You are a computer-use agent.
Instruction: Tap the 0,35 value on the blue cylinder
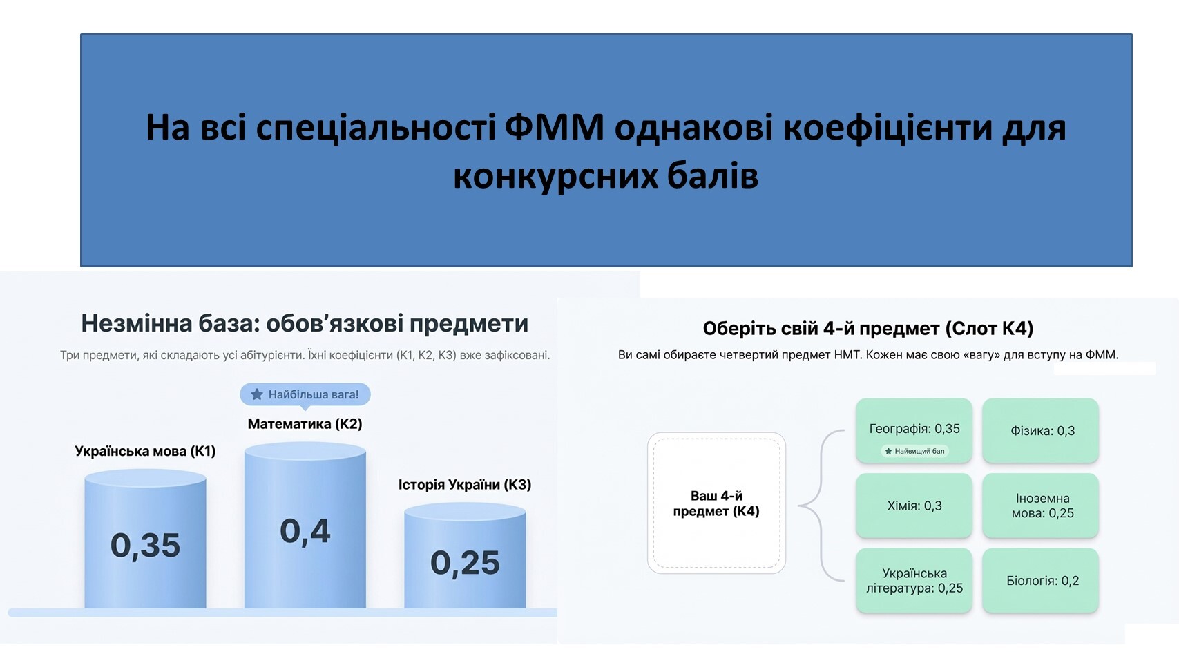pos(145,545)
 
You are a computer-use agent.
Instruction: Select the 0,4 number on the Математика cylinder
pos(305,531)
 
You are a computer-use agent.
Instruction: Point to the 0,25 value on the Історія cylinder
pos(465,563)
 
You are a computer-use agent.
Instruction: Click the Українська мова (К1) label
pos(145,451)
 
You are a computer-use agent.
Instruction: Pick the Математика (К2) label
pos(305,423)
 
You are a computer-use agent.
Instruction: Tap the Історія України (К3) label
pos(465,484)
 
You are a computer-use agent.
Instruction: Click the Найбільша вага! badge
pos(305,394)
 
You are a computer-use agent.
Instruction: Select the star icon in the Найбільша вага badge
pos(257,394)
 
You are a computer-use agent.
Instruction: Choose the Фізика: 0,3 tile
pos(1041,431)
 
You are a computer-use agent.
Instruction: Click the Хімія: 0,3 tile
pos(914,506)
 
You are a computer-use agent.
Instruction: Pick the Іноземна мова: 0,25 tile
pos(1041,506)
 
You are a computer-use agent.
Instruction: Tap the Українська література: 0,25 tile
pos(914,580)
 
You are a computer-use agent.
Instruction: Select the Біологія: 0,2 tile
pos(1041,580)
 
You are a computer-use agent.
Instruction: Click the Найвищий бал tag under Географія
pos(914,451)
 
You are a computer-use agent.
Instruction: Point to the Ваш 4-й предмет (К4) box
pos(716,503)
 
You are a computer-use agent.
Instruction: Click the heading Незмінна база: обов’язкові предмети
pos(305,323)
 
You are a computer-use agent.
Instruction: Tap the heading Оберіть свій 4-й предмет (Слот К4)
pos(868,328)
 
